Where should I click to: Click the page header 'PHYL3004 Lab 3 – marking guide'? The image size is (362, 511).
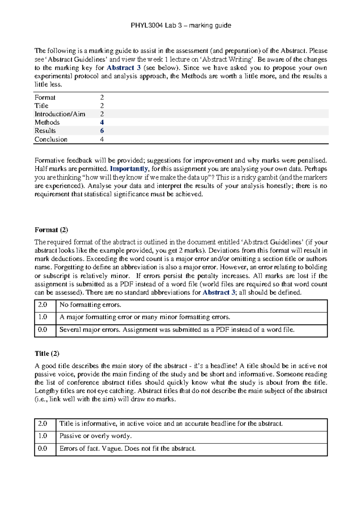[x=181, y=26]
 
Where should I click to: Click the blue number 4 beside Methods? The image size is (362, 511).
[x=102, y=122]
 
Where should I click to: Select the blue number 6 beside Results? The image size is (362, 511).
[x=102, y=131]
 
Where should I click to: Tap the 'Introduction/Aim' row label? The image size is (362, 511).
[x=60, y=114]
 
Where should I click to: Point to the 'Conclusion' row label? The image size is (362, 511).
[x=51, y=140]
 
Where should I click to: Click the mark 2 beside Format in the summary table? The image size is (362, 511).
[x=102, y=97]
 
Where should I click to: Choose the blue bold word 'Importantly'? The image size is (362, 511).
[x=129, y=169]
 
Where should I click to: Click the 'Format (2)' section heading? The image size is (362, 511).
[x=51, y=230]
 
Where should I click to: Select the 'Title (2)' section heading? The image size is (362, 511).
[x=47, y=353]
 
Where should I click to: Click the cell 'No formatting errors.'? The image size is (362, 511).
[x=90, y=305]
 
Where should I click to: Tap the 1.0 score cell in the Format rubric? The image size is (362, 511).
[x=43, y=317]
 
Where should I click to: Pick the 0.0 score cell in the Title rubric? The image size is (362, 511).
[x=43, y=448]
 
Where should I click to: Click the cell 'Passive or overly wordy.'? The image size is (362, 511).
[x=96, y=436]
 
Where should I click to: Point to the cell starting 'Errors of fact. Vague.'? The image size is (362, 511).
[x=127, y=448]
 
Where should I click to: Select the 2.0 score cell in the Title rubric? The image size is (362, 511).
[x=43, y=424]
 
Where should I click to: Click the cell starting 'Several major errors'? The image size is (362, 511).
[x=177, y=330]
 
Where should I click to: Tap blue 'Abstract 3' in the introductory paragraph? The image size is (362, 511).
[x=124, y=68]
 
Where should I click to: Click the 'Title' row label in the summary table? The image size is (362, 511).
[x=41, y=106]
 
